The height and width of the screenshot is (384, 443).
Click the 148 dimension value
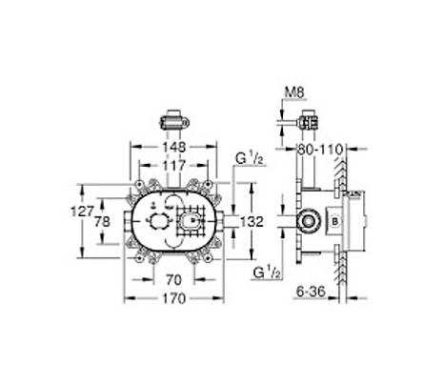tap(173, 147)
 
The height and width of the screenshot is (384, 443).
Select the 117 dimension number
tap(173, 165)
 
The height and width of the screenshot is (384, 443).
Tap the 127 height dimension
tap(83, 212)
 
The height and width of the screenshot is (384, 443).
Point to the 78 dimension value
tap(103, 221)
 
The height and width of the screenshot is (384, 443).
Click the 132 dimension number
tap(252, 222)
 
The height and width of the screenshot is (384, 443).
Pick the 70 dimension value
tap(174, 280)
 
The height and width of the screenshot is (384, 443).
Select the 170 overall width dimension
tap(173, 298)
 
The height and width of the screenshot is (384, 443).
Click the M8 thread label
tap(294, 92)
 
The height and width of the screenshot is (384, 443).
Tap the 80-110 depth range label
tap(319, 150)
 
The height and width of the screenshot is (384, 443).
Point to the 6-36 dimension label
tap(312, 292)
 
